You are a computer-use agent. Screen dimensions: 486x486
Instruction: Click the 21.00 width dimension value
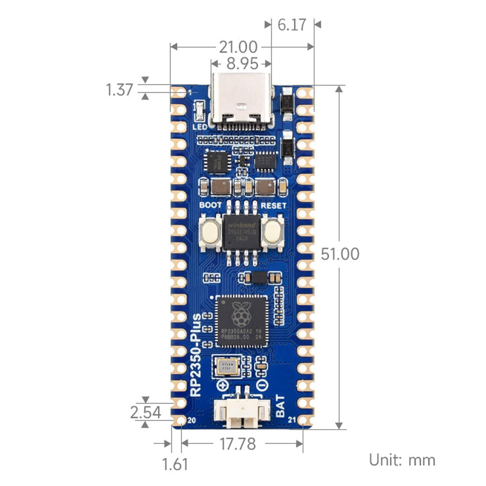238,47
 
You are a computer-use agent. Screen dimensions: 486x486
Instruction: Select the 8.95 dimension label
243,64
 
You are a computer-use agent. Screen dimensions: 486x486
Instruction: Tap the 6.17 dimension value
292,24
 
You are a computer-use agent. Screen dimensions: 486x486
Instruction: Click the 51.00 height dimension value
340,254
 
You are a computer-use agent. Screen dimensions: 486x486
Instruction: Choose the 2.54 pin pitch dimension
145,413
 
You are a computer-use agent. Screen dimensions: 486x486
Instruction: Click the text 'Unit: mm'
402,459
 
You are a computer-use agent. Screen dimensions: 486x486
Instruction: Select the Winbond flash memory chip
242,232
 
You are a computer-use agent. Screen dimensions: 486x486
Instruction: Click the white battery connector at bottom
242,413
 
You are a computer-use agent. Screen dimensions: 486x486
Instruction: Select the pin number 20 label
191,420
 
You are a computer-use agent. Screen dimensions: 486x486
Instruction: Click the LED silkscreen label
200,127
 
